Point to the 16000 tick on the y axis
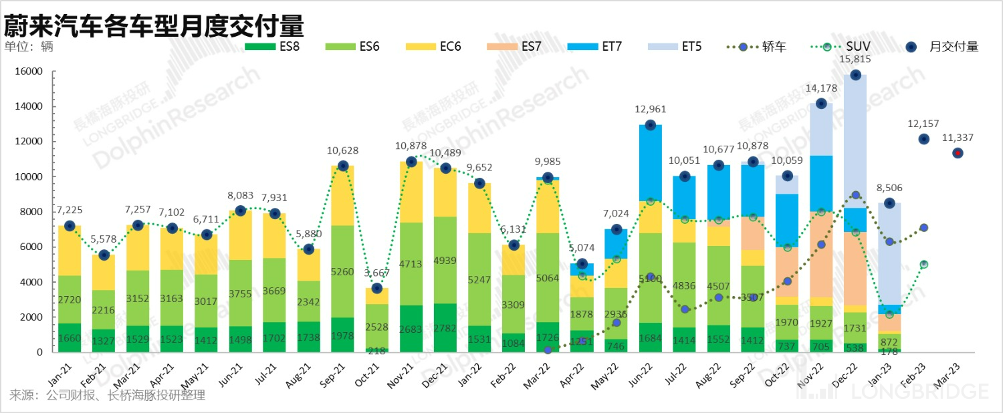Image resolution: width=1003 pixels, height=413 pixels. coord(29,72)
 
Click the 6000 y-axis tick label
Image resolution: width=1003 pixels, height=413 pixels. coord(31,247)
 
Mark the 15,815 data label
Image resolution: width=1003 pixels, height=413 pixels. coord(856,59)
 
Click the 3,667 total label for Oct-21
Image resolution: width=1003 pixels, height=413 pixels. coord(377,273)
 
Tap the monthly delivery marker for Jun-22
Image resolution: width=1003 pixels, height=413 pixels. coord(650,125)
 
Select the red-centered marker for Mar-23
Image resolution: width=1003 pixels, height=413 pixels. coord(958,153)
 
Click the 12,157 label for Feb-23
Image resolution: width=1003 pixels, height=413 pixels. coord(923,124)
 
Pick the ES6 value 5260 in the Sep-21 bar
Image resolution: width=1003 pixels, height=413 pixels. coord(343,272)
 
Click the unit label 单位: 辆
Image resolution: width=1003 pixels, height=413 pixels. coord(28,47)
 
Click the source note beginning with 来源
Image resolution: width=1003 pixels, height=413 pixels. coord(107,396)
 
